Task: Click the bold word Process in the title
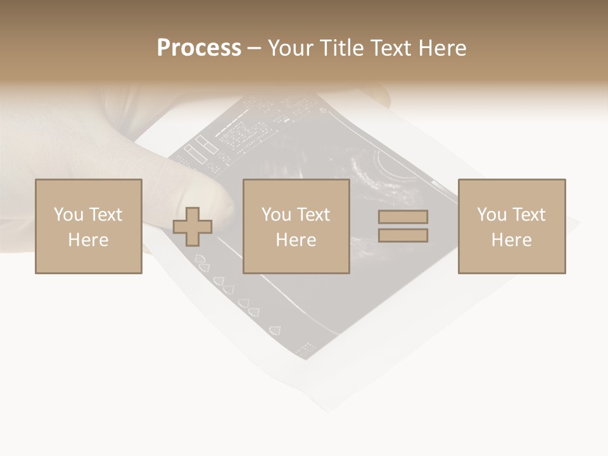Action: click(x=199, y=48)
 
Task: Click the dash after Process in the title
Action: click(x=254, y=49)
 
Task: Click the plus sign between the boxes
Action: click(x=193, y=226)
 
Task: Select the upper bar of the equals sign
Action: click(x=403, y=217)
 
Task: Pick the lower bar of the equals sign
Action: click(x=403, y=235)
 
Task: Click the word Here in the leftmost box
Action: click(x=88, y=240)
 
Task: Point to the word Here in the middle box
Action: click(x=296, y=240)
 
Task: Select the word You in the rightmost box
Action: click(x=491, y=215)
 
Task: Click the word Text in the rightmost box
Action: click(x=529, y=215)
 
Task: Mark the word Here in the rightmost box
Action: click(x=511, y=240)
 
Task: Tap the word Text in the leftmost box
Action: click(x=105, y=215)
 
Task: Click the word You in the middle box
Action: click(x=275, y=215)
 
